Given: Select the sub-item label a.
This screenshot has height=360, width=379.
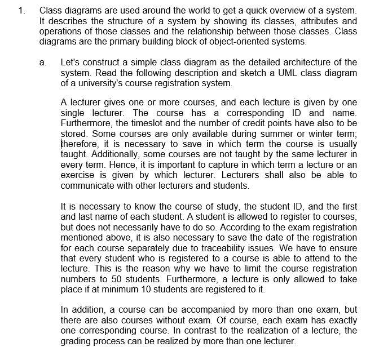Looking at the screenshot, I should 43,62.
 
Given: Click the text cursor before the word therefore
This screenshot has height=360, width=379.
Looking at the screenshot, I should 61,144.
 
